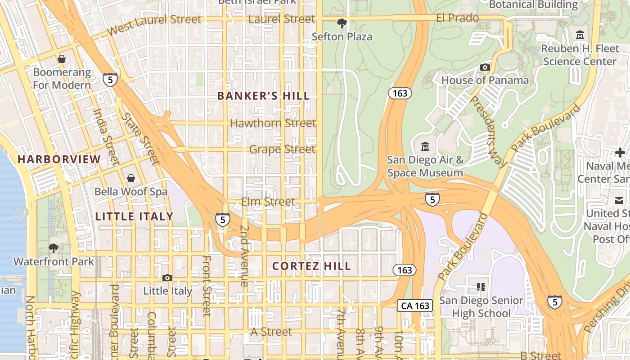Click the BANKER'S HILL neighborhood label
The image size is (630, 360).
point(263,96)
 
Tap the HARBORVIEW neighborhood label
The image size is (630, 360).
point(59,159)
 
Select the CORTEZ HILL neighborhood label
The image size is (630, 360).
point(311,266)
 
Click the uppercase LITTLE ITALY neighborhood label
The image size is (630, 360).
point(134,216)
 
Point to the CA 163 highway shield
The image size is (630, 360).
point(414,306)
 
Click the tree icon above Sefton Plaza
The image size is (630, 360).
point(342,23)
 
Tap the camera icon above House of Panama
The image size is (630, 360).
point(485,67)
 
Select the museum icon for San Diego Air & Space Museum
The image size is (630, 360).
point(425,147)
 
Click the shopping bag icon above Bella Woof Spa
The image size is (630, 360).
point(130,179)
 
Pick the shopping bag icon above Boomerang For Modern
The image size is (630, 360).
point(62,59)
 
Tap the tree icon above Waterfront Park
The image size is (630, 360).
point(54,248)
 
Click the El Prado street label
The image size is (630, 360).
point(457,18)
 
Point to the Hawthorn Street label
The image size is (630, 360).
point(273,123)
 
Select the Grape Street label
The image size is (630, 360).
point(282,149)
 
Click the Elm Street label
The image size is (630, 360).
point(268,202)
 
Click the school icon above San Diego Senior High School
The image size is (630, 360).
point(481,287)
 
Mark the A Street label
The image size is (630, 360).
point(271,332)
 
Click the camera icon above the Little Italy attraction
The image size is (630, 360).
point(167,278)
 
